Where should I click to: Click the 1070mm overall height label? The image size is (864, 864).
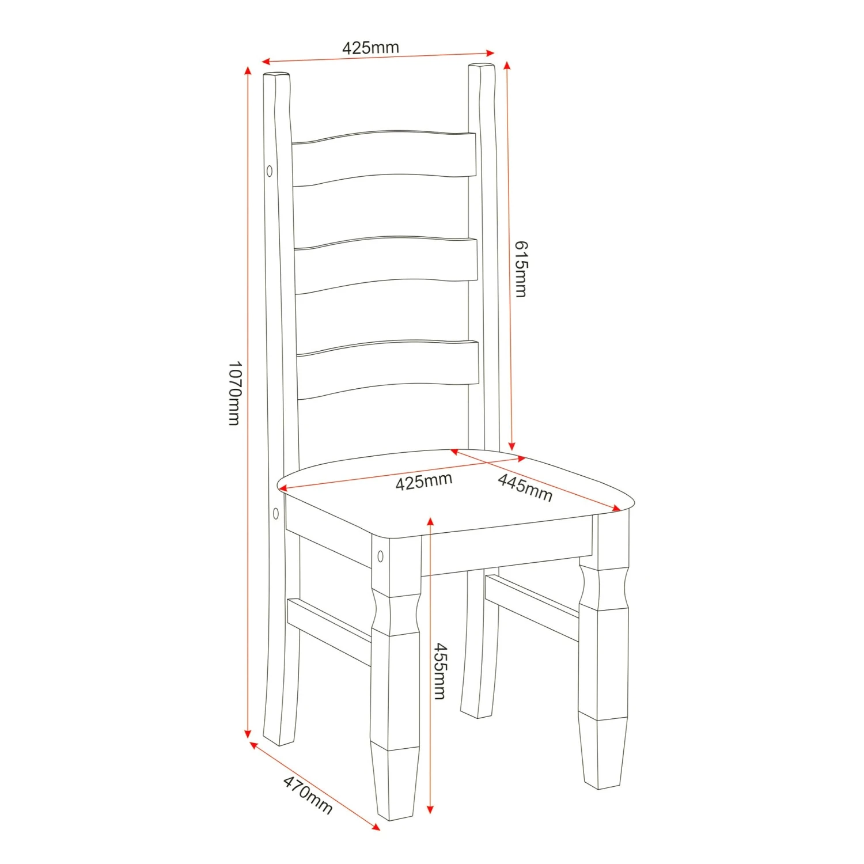(234, 393)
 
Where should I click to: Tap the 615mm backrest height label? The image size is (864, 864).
(520, 269)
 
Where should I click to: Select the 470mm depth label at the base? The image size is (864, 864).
(308, 795)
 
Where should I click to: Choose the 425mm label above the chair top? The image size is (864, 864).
(370, 47)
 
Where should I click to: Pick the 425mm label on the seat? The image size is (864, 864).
(423, 481)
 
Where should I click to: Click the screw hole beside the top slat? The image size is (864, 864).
(269, 171)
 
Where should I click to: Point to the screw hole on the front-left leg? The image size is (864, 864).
(380, 556)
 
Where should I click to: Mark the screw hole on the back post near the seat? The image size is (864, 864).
(276, 513)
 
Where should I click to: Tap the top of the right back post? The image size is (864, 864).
(482, 67)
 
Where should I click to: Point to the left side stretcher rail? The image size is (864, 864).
(328, 631)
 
